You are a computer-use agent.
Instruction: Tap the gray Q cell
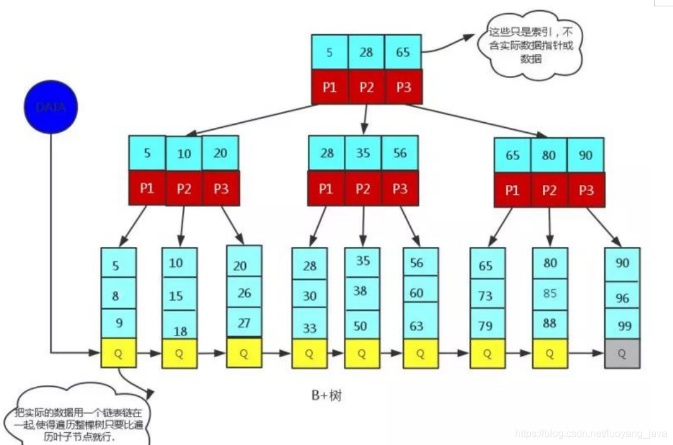(622, 354)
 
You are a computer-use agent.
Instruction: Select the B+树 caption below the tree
(326, 396)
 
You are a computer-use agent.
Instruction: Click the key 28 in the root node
(367, 53)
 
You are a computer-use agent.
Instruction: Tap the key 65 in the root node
(403, 53)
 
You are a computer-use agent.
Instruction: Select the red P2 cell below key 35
(363, 189)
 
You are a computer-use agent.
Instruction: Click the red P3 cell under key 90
(586, 190)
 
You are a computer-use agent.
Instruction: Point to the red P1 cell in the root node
(330, 87)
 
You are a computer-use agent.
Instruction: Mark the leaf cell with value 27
(244, 323)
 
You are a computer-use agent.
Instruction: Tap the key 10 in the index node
(184, 154)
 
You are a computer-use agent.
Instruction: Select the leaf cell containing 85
(550, 294)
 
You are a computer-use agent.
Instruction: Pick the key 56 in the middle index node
(399, 153)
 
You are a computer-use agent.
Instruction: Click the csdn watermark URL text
(590, 434)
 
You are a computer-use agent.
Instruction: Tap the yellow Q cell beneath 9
(118, 354)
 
